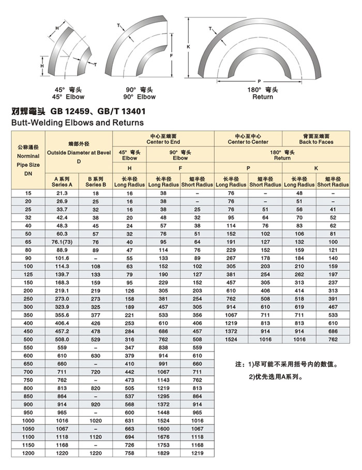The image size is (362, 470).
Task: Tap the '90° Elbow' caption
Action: click(139, 97)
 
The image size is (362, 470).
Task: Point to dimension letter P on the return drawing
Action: click(258, 81)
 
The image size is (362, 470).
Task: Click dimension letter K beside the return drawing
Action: click(189, 47)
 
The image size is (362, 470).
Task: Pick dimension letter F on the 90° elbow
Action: click(171, 54)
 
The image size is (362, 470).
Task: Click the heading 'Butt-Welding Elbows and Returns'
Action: click(77, 123)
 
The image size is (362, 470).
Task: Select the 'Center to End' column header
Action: click(163, 142)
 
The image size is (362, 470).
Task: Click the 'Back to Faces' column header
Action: click(316, 142)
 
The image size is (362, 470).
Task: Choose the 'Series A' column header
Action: click(62, 184)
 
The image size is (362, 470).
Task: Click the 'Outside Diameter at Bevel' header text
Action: click(79, 153)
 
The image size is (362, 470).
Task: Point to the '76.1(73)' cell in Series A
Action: click(62, 242)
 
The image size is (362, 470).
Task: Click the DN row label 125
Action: click(28, 275)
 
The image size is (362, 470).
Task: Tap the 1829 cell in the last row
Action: click(163, 453)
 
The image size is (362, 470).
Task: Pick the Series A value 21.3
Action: click(62, 193)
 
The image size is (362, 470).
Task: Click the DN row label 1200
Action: click(28, 453)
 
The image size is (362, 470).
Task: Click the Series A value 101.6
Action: click(62, 259)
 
